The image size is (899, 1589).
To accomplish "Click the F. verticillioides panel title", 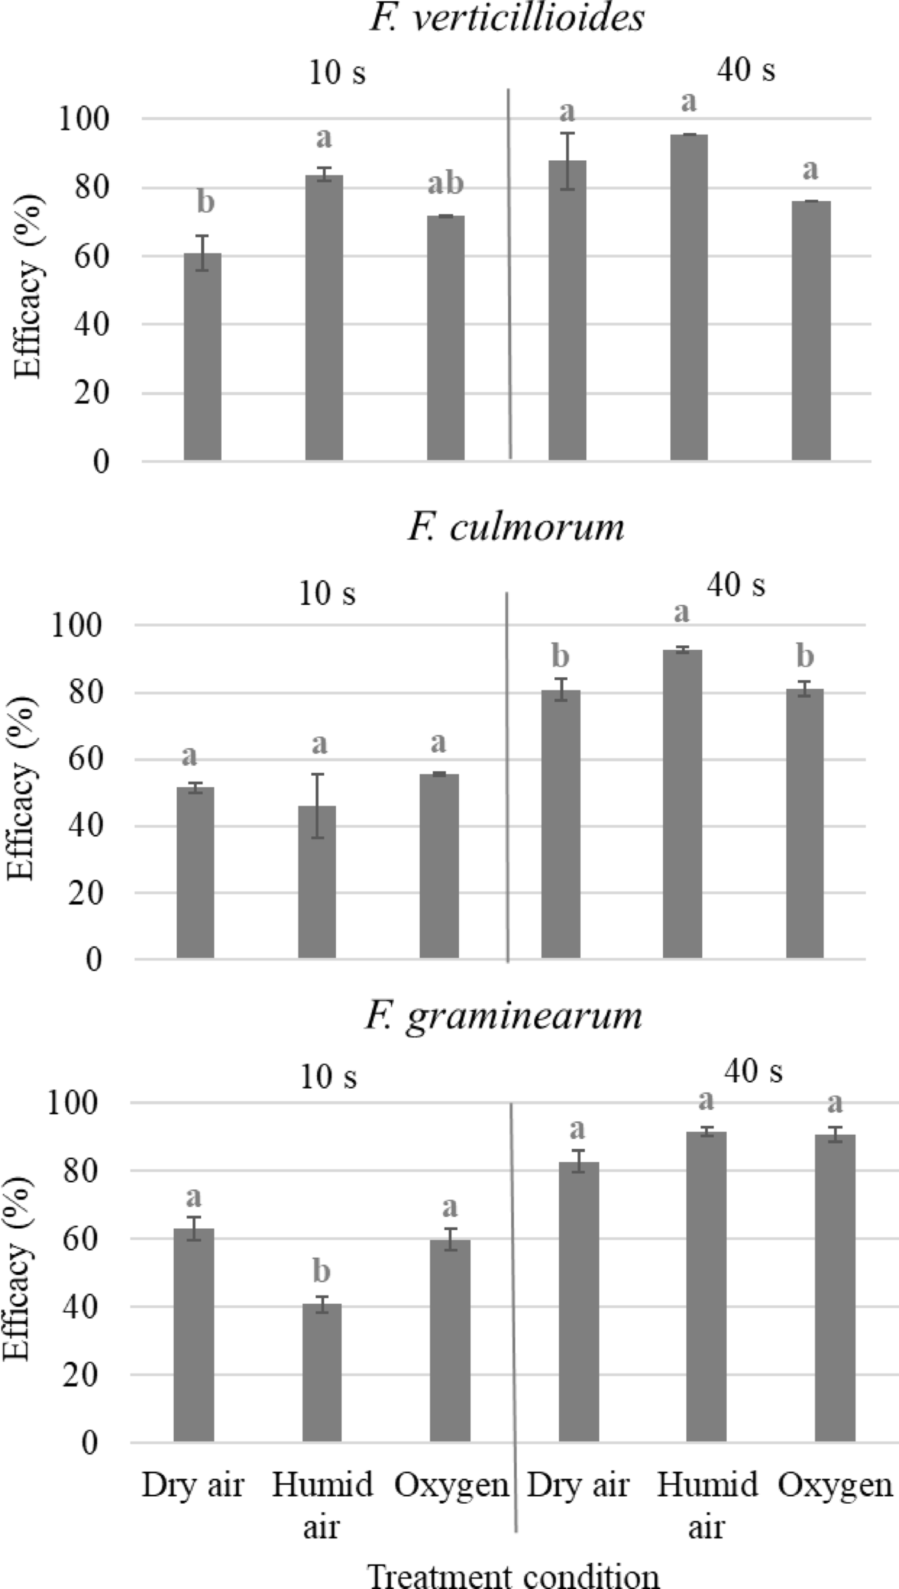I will (506, 18).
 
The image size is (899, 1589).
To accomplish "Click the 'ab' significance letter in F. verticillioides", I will (445, 185).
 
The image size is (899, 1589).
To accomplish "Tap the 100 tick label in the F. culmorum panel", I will (77, 625).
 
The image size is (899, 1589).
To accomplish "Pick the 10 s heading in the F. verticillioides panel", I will (338, 72).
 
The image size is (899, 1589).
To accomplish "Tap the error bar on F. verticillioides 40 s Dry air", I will (567, 160).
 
